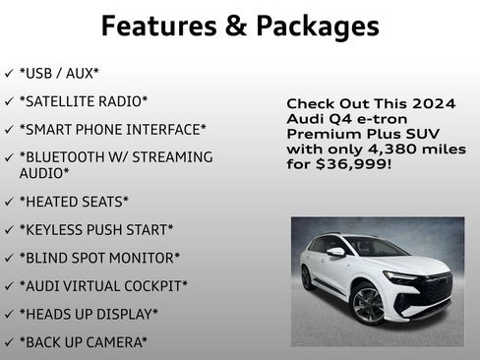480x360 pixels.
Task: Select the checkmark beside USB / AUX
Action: (9, 74)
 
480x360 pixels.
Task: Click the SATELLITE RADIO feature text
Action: (84, 101)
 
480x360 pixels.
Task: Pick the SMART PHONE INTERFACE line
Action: (112, 129)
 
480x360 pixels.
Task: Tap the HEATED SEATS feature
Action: (74, 202)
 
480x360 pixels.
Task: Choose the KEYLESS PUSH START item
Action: (95, 230)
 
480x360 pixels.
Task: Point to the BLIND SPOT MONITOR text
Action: (99, 258)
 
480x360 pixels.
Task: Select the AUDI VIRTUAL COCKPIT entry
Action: (103, 286)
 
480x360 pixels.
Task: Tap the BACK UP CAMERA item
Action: (83, 342)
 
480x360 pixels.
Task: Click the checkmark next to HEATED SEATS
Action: (9, 202)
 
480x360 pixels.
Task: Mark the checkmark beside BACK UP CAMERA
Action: (9, 342)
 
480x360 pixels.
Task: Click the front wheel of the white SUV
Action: (368, 305)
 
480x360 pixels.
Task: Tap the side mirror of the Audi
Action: (336, 253)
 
